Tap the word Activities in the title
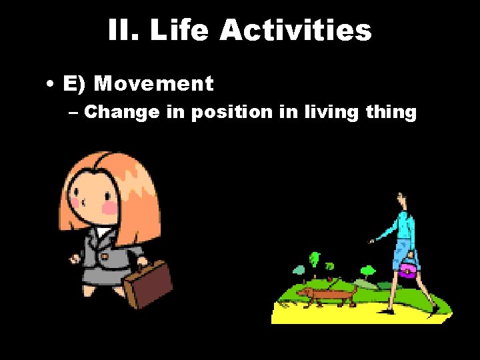click(295, 31)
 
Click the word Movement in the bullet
click(154, 84)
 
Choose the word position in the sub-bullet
click(231, 112)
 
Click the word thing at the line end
click(391, 112)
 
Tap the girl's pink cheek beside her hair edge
click(109, 208)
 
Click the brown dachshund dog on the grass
click(327, 294)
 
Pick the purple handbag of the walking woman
click(407, 269)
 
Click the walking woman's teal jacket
click(403, 227)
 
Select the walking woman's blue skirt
click(402, 254)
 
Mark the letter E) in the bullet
click(73, 84)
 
